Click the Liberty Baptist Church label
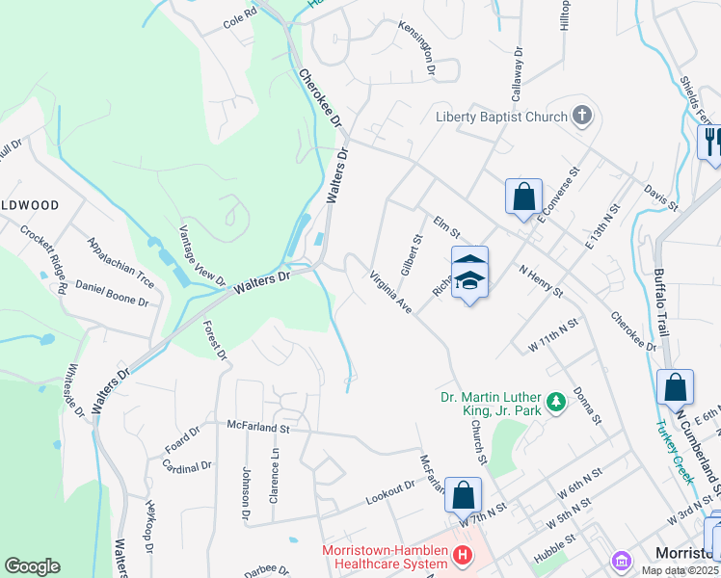[499, 118]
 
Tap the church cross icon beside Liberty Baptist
[581, 117]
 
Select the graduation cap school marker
[469, 273]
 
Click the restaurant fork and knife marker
[711, 143]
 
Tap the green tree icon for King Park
[555, 401]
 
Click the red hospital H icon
[463, 555]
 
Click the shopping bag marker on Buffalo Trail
[675, 387]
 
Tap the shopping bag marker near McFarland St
[463, 496]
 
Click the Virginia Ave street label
[391, 292]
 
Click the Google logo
[32, 566]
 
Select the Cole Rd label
[240, 16]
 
